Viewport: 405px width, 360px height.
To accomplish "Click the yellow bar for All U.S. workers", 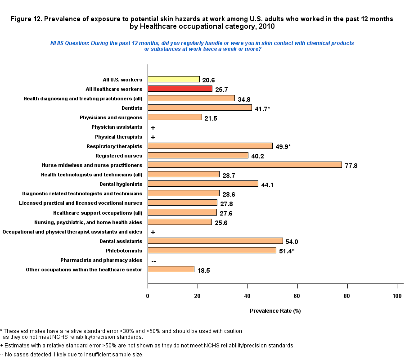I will [x=174, y=79].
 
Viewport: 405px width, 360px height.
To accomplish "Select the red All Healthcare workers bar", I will [x=180, y=89].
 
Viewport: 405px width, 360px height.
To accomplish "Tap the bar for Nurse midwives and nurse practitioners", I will [x=245, y=165].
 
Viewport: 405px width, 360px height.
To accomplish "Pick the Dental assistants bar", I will [x=215, y=241].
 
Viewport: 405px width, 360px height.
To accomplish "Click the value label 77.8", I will [x=351, y=166].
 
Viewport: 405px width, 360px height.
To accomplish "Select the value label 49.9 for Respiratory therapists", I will [x=282, y=146].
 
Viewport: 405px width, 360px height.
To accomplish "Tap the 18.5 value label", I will [x=203, y=270].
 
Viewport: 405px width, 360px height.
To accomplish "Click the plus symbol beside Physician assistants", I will [x=153, y=128].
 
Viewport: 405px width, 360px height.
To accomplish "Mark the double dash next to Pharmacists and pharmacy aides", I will [x=154, y=261].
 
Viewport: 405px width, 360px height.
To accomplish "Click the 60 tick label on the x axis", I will [x=297, y=295].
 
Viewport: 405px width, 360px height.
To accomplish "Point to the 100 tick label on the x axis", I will [x=396, y=295].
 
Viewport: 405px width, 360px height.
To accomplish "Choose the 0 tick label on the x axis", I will [x=148, y=295].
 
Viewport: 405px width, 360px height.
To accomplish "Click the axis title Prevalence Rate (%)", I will [x=275, y=310].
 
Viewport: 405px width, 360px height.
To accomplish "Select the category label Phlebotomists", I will [x=124, y=250].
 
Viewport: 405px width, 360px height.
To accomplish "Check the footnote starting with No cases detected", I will [x=72, y=355].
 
